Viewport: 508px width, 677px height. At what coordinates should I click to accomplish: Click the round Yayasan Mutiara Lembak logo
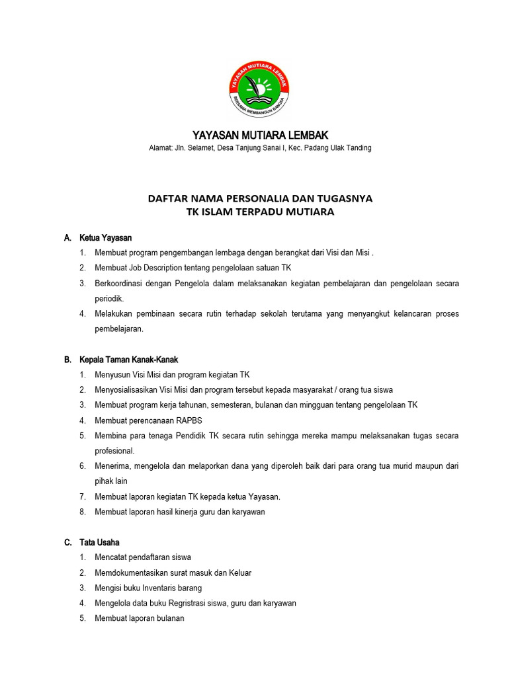coord(259,87)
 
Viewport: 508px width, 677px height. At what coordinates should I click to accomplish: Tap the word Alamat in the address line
coord(161,148)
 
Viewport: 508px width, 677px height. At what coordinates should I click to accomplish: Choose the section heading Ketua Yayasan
coord(105,237)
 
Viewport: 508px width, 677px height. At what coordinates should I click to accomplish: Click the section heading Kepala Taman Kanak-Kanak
coord(128,360)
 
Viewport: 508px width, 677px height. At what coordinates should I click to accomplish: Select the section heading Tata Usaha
coord(99,542)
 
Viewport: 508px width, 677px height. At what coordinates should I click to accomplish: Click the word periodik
coord(109,299)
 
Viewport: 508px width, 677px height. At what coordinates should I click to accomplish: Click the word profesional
coord(114,451)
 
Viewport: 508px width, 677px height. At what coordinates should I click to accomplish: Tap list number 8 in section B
coord(82,512)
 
